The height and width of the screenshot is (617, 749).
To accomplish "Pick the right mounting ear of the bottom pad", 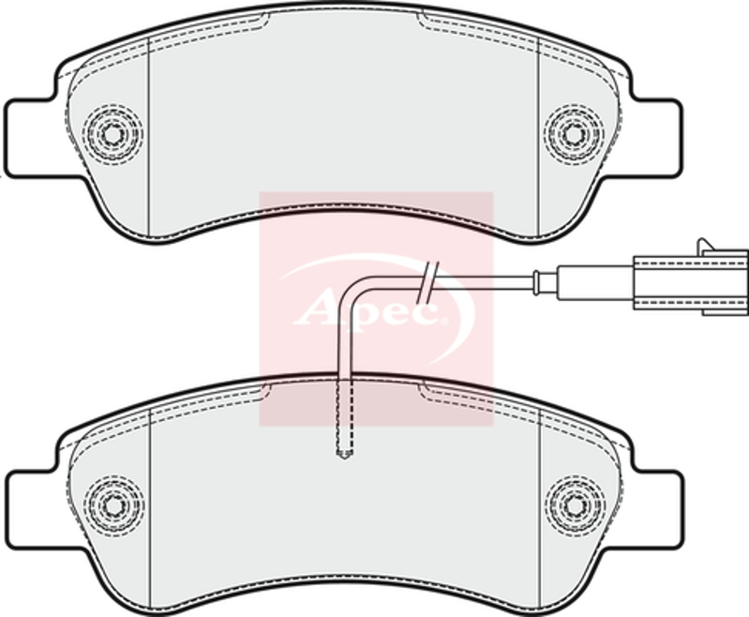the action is click(x=653, y=510).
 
